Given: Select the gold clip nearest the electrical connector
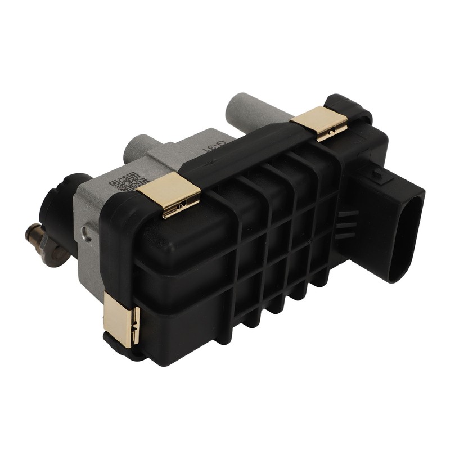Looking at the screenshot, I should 319,121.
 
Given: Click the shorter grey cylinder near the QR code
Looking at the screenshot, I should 138,146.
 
